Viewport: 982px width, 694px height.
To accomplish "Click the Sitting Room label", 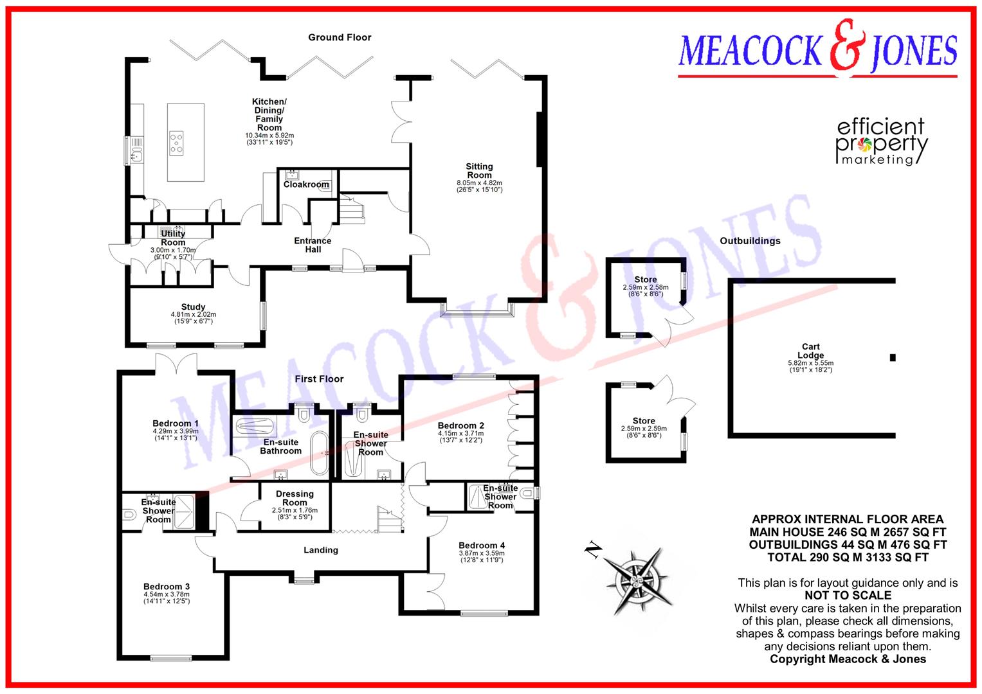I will tap(479, 171).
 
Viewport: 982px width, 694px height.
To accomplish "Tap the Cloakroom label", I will tap(306, 184).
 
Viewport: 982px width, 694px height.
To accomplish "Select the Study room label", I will tap(193, 307).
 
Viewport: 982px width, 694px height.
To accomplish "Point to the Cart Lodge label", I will tap(810, 351).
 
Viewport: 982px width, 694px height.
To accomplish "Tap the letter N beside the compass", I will tap(592, 549).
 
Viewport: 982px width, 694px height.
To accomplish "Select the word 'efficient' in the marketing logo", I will tap(880, 127).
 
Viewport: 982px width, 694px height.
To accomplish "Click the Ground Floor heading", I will tap(340, 37).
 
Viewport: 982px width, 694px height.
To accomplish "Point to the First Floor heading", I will tap(319, 379).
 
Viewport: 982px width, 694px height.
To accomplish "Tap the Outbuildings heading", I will tap(750, 241).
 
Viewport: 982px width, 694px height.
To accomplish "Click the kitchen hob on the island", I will tap(176, 143).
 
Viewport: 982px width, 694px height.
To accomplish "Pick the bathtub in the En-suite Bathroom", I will tap(319, 452).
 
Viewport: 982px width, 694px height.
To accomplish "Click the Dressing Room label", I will tap(295, 498).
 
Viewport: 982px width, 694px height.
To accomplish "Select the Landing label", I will tap(321, 550).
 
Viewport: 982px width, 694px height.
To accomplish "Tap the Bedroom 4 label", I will tap(482, 545).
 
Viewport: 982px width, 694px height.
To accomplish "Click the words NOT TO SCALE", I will tap(848, 596).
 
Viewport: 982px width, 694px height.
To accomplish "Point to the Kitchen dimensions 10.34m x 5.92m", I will tap(269, 136).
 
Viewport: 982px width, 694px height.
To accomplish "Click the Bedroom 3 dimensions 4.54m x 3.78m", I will tap(167, 594).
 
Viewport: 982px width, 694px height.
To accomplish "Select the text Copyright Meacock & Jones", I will tap(848, 659).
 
